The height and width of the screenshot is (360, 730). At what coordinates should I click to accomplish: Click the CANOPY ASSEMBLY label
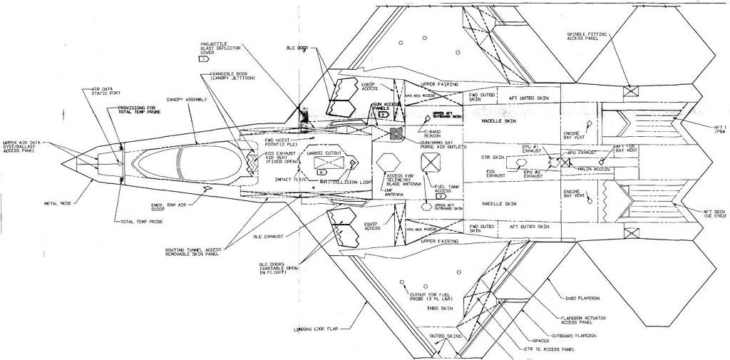click(x=187, y=100)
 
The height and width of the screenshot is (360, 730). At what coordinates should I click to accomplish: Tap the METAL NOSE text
click(x=58, y=202)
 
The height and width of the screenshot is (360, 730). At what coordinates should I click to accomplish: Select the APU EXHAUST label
click(x=583, y=152)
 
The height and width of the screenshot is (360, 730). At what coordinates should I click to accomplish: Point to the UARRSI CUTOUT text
click(x=324, y=153)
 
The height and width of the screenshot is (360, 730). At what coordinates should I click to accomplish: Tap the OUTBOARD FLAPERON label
click(x=574, y=334)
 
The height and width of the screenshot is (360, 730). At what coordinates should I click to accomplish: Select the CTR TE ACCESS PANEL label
click(x=549, y=350)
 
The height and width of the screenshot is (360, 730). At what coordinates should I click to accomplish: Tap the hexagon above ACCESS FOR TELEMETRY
click(x=390, y=160)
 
